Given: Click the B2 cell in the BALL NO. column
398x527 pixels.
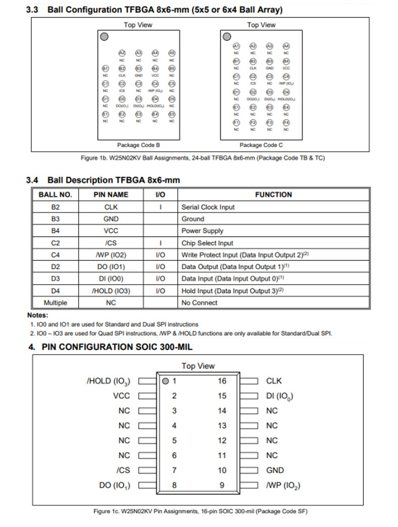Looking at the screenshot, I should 55,207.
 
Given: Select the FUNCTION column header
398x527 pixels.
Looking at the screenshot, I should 273,194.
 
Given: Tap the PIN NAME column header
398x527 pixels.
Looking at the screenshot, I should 111,194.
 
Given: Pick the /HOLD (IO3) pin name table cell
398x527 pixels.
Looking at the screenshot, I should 111,291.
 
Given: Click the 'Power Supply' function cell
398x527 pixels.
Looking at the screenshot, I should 202,231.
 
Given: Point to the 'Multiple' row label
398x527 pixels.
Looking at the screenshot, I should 55,303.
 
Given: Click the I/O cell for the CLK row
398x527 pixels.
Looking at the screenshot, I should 160,207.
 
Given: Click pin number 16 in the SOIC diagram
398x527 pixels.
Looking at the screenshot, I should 222,381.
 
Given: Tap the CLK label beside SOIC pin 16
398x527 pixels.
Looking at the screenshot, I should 274,381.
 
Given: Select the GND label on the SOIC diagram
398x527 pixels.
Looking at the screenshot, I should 275,471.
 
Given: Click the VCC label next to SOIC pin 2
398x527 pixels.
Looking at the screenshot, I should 121,396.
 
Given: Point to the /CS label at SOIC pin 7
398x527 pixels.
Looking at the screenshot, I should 123,471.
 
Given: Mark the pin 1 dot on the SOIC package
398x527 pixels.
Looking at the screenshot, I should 165,381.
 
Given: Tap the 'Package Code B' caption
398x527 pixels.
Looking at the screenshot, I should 139,145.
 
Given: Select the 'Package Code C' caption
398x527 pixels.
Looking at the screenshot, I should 261,145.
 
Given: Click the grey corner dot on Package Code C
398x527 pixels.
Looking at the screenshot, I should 227,36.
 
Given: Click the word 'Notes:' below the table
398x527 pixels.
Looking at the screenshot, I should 38,315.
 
